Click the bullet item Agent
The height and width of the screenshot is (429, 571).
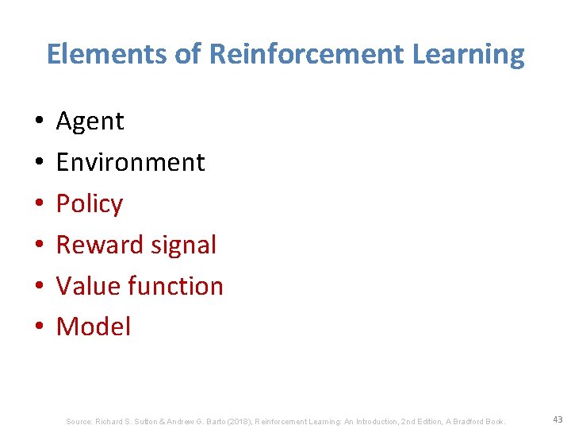90,122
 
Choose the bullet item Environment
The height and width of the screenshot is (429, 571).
130,162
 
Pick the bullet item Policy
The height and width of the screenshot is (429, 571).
89,204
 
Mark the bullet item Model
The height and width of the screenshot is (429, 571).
93,327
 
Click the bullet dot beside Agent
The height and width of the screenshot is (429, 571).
38,122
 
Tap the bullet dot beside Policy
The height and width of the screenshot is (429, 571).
38,204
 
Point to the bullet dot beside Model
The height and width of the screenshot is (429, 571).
38,327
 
